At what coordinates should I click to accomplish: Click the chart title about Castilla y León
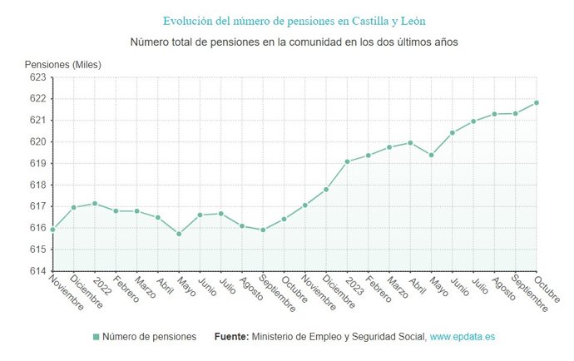point(287,20)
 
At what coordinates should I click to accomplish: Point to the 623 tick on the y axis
point(37,77)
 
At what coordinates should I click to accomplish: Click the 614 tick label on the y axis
point(37,271)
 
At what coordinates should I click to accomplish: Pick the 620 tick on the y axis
point(37,142)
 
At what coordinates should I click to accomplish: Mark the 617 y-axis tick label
point(37,206)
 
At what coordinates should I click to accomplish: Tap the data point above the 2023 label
point(348,161)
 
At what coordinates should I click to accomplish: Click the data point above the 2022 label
point(95,203)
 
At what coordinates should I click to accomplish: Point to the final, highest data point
point(537,102)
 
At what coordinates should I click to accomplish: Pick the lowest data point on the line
point(179,234)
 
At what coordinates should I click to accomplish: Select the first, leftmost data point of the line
point(52,230)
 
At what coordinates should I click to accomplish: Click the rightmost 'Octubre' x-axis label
point(547,290)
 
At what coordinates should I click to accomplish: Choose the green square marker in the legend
point(96,337)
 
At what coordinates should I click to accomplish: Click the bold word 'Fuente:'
point(231,337)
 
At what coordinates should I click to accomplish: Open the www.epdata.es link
point(463,337)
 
